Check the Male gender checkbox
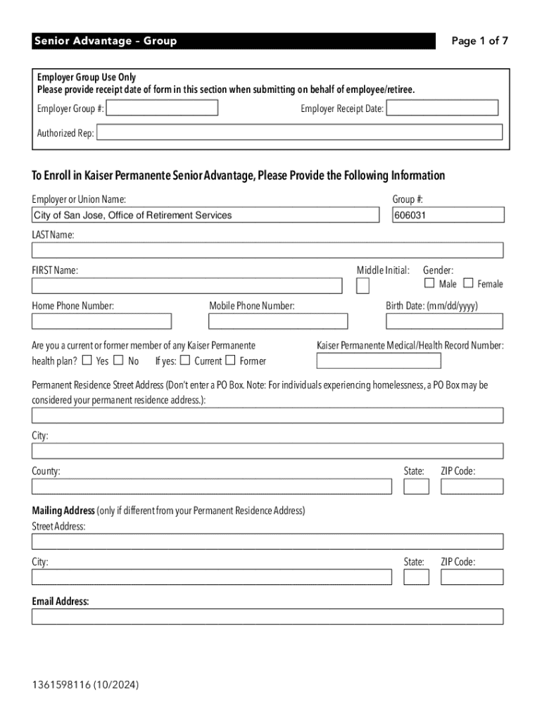(x=429, y=284)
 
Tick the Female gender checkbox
(x=468, y=284)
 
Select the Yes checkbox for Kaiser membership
(x=87, y=361)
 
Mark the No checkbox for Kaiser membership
(x=118, y=361)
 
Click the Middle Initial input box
(x=363, y=285)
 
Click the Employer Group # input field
(x=162, y=108)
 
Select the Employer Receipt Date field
(x=442, y=108)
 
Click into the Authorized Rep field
(x=299, y=133)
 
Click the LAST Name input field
(x=267, y=251)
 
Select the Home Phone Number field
(x=101, y=322)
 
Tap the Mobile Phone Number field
(x=278, y=322)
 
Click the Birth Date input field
(x=444, y=322)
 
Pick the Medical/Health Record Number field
(x=379, y=361)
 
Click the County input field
(x=211, y=487)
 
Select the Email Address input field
(x=267, y=617)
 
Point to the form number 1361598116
(x=62, y=684)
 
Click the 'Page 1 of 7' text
(x=479, y=41)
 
